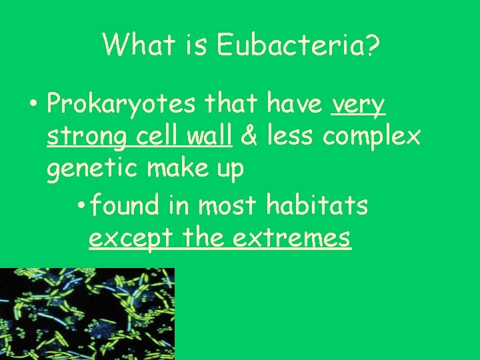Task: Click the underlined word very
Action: click(358, 105)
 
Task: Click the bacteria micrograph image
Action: click(87, 313)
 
